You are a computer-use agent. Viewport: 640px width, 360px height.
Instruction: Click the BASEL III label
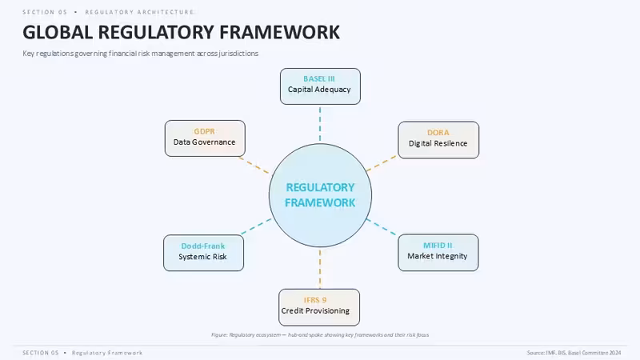tap(319, 78)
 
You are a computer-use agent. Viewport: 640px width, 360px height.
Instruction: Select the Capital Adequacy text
tap(319, 90)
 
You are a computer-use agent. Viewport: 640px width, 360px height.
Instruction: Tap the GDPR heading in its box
tap(205, 131)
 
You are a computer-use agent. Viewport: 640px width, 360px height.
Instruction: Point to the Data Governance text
tap(205, 142)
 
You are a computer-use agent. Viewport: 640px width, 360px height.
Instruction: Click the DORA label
tap(438, 133)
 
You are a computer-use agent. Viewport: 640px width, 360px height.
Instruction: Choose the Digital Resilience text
tap(438, 143)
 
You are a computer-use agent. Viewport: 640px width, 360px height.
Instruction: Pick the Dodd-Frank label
tap(203, 246)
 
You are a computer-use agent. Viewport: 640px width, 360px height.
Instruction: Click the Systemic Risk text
tap(203, 257)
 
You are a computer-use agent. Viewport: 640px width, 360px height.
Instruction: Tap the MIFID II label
tap(438, 246)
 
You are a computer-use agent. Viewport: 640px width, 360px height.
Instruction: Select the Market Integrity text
tap(438, 256)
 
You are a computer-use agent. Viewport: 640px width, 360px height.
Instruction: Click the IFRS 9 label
tap(315, 300)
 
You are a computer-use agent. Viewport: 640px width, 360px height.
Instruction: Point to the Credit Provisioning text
tap(315, 310)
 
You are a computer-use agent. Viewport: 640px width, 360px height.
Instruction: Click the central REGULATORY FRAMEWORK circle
tap(320, 195)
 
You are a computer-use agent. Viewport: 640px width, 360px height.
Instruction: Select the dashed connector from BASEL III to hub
tap(320, 124)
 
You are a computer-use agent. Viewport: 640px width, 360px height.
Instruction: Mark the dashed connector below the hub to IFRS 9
tap(320, 269)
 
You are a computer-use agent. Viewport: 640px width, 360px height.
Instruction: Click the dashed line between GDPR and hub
tap(254, 166)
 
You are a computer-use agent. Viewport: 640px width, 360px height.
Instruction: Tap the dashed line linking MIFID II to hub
tap(382, 227)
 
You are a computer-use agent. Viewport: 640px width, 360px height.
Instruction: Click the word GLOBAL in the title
tap(58, 32)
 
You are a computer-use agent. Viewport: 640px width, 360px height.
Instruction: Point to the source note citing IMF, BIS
tap(574, 353)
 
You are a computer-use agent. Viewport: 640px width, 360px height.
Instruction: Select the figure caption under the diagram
tap(320, 334)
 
